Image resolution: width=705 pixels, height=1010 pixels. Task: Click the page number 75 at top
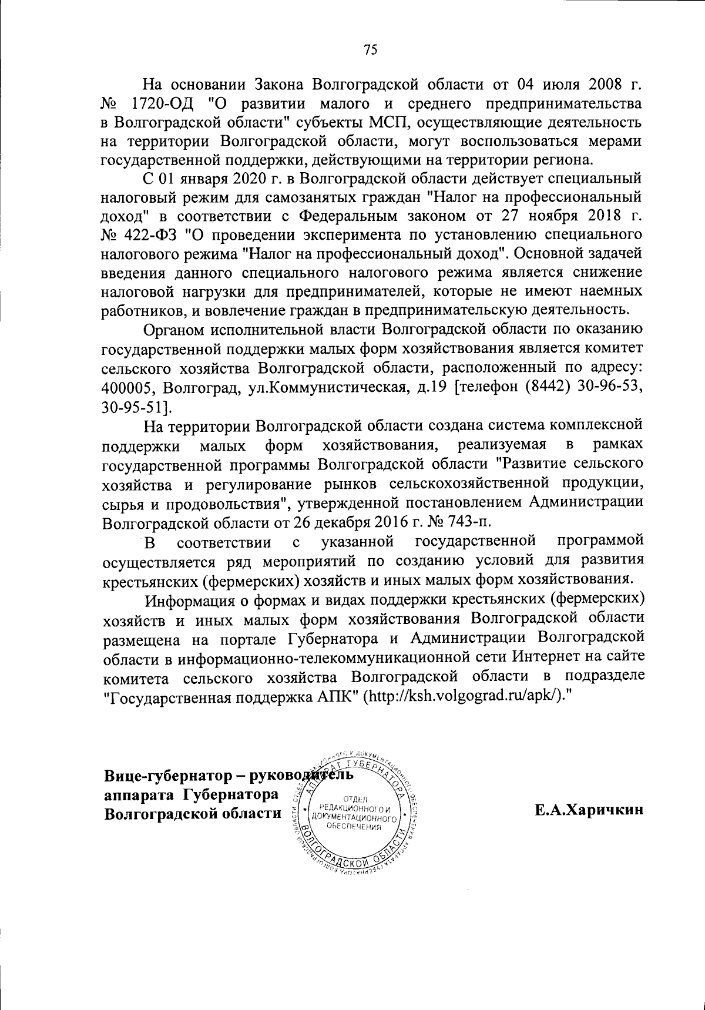[x=370, y=50]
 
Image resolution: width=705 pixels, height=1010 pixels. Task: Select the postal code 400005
[x=129, y=388]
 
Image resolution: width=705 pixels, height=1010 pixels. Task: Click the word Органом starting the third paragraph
[x=175, y=330]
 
